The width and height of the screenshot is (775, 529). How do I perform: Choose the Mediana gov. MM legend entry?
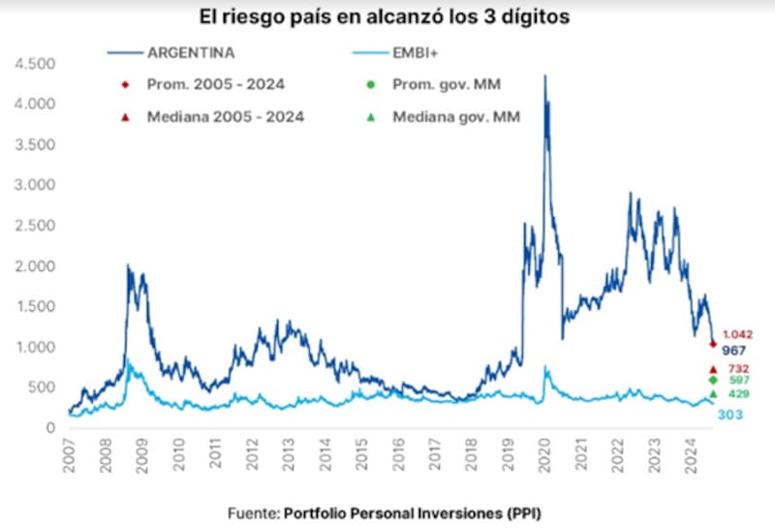[455, 116]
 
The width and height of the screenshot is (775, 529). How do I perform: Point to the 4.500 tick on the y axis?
[35, 64]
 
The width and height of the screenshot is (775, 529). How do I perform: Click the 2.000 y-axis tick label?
[35, 266]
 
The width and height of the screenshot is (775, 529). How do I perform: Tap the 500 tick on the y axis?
[41, 388]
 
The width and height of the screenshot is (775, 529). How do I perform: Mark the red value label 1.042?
[737, 334]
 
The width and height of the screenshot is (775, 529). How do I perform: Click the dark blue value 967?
[733, 350]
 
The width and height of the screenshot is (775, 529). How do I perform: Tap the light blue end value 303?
[729, 415]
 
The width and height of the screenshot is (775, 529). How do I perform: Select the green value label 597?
[738, 381]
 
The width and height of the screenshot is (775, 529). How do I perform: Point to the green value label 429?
[738, 394]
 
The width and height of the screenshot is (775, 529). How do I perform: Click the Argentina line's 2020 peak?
[545, 76]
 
